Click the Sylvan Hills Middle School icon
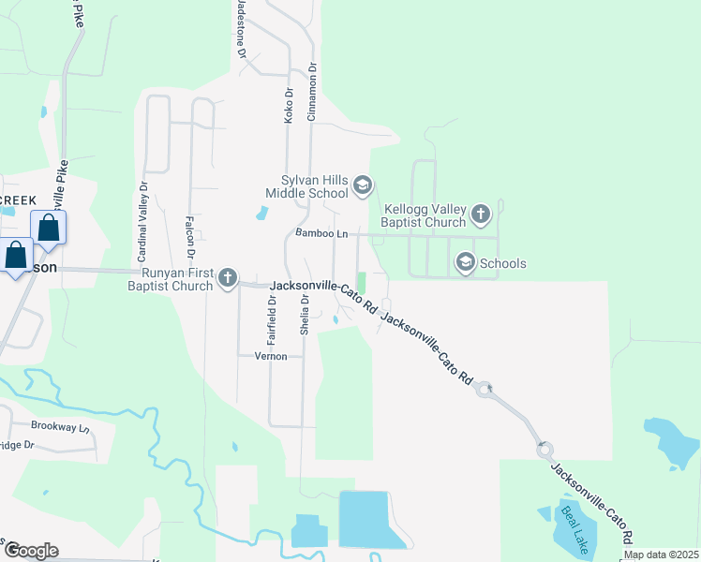(x=363, y=187)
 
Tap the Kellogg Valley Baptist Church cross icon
(x=480, y=215)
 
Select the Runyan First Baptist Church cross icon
(x=228, y=278)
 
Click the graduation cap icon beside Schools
(x=465, y=263)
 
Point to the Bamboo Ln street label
(x=321, y=232)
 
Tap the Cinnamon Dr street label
(x=313, y=92)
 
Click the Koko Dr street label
(x=289, y=105)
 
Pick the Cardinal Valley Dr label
(x=143, y=222)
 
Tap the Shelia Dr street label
(x=305, y=315)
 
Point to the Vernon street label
(x=269, y=356)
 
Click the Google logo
(x=30, y=551)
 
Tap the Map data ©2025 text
(x=662, y=555)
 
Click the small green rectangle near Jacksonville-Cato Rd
(x=361, y=283)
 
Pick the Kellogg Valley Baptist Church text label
(x=425, y=215)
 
